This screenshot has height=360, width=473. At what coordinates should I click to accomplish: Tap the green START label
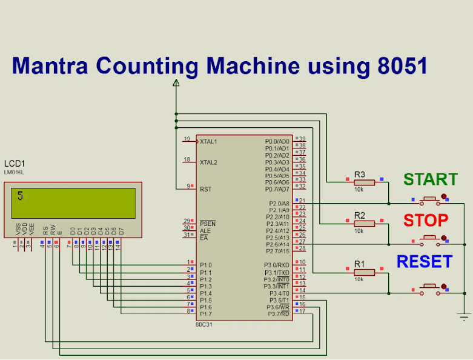point(430,179)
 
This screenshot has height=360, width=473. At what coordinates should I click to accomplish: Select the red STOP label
point(426,220)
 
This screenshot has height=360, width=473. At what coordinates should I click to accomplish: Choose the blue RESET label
point(424,262)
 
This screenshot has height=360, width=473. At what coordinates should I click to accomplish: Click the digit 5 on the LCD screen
point(21,196)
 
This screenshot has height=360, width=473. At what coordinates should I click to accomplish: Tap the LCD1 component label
point(15,164)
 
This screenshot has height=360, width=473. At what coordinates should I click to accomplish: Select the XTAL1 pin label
point(208,142)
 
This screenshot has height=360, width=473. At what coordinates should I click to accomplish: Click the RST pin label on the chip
point(205,189)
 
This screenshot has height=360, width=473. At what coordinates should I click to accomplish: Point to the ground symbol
point(465,316)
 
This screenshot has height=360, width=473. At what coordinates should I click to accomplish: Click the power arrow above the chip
point(176,83)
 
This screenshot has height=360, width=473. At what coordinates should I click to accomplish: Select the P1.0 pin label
point(206,265)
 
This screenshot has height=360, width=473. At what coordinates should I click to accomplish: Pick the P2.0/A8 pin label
point(279,203)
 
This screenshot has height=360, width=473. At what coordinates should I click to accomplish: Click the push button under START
point(430,198)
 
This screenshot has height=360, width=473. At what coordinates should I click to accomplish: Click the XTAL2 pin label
point(208,162)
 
